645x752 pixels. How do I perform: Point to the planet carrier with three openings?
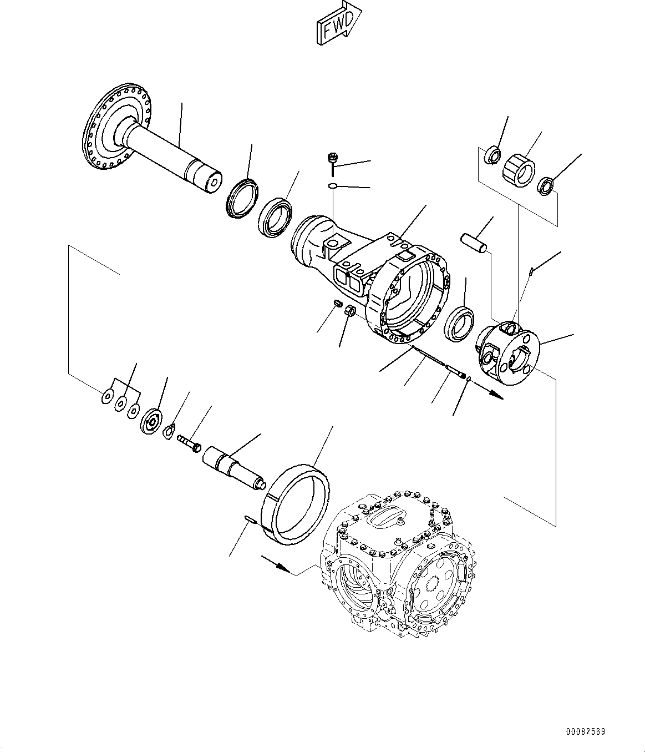(x=507, y=351)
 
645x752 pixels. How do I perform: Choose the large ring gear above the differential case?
(x=296, y=504)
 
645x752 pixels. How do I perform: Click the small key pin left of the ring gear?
(x=249, y=519)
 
